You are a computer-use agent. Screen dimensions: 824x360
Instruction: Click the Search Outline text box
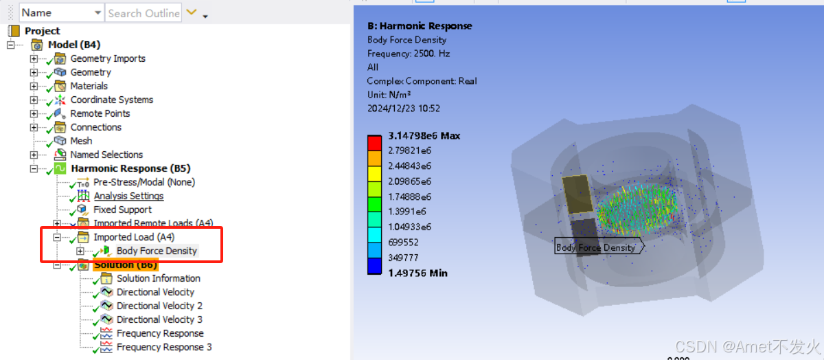pyautogui.click(x=144, y=13)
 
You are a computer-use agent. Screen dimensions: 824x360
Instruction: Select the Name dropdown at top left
pyautogui.click(x=61, y=13)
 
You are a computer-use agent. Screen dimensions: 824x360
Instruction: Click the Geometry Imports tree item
pyautogui.click(x=108, y=58)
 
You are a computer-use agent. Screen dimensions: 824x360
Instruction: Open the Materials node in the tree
pyautogui.click(x=89, y=86)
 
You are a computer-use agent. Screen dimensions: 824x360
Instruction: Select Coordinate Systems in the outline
pyautogui.click(x=111, y=100)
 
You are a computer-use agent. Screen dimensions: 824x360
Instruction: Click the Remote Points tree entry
pyautogui.click(x=100, y=113)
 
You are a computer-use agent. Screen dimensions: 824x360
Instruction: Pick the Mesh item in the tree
pyautogui.click(x=81, y=141)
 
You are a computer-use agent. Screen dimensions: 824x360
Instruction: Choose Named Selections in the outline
pyautogui.click(x=106, y=155)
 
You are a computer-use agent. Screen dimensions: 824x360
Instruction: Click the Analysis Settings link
pyautogui.click(x=128, y=196)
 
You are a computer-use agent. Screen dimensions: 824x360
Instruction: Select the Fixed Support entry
pyautogui.click(x=122, y=210)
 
